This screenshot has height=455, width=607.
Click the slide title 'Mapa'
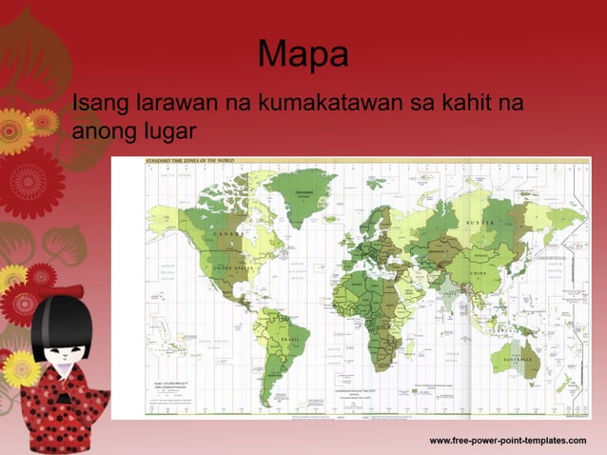tap(303, 55)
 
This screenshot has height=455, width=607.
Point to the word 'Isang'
tap(100, 102)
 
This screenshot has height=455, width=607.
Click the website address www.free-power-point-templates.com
tap(508, 441)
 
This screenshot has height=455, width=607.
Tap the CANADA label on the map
tap(230, 233)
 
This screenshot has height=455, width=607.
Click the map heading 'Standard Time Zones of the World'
tap(188, 162)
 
